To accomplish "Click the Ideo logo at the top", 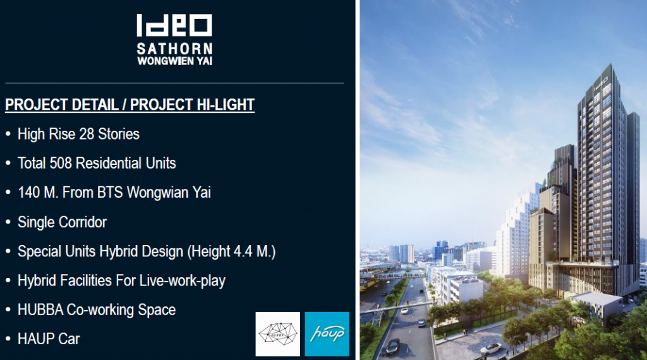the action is point(174,25).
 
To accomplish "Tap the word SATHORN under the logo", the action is point(174,49).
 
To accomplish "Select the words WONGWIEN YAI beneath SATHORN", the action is point(174,61).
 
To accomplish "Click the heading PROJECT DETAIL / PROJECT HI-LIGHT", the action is point(130,105).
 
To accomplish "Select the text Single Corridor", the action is point(63,222).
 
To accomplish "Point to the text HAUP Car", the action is point(49,339).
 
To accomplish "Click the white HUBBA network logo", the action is point(278,334).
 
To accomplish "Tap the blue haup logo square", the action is point(327,334).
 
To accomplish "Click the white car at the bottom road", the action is point(491,349).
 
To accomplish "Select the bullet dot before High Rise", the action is point(8,134).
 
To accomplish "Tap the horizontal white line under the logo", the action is point(174,83).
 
